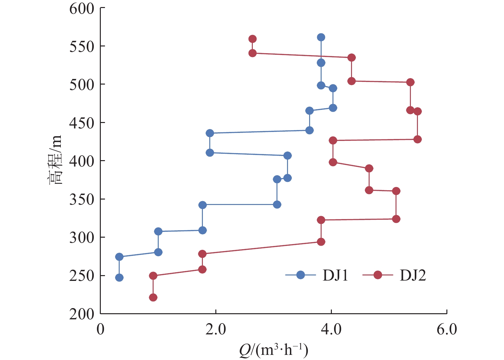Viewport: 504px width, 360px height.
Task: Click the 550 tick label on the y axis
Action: (82, 46)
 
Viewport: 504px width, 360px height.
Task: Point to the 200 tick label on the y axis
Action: (82, 314)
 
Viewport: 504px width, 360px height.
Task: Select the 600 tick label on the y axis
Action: (82, 8)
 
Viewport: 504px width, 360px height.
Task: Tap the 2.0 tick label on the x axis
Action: (216, 329)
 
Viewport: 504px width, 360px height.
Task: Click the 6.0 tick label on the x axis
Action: (447, 329)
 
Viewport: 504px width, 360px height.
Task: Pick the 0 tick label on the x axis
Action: (100, 329)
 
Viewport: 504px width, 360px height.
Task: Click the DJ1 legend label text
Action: (335, 275)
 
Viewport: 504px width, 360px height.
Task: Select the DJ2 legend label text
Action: (413, 275)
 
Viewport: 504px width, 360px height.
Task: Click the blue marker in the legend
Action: (300, 275)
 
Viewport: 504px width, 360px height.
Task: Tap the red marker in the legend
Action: (378, 275)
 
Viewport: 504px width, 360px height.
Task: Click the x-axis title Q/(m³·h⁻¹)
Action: (273, 350)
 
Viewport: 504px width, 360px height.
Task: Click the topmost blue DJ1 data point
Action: (321, 37)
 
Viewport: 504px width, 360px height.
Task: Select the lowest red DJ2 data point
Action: (153, 298)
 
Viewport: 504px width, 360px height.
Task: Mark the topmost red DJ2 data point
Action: (252, 39)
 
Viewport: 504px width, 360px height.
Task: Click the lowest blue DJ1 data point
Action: (119, 278)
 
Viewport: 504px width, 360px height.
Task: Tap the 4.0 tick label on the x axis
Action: (331, 329)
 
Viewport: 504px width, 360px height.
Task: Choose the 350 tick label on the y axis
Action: (82, 200)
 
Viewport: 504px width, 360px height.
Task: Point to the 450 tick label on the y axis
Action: (82, 123)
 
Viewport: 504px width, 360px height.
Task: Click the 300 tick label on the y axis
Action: (82, 238)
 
